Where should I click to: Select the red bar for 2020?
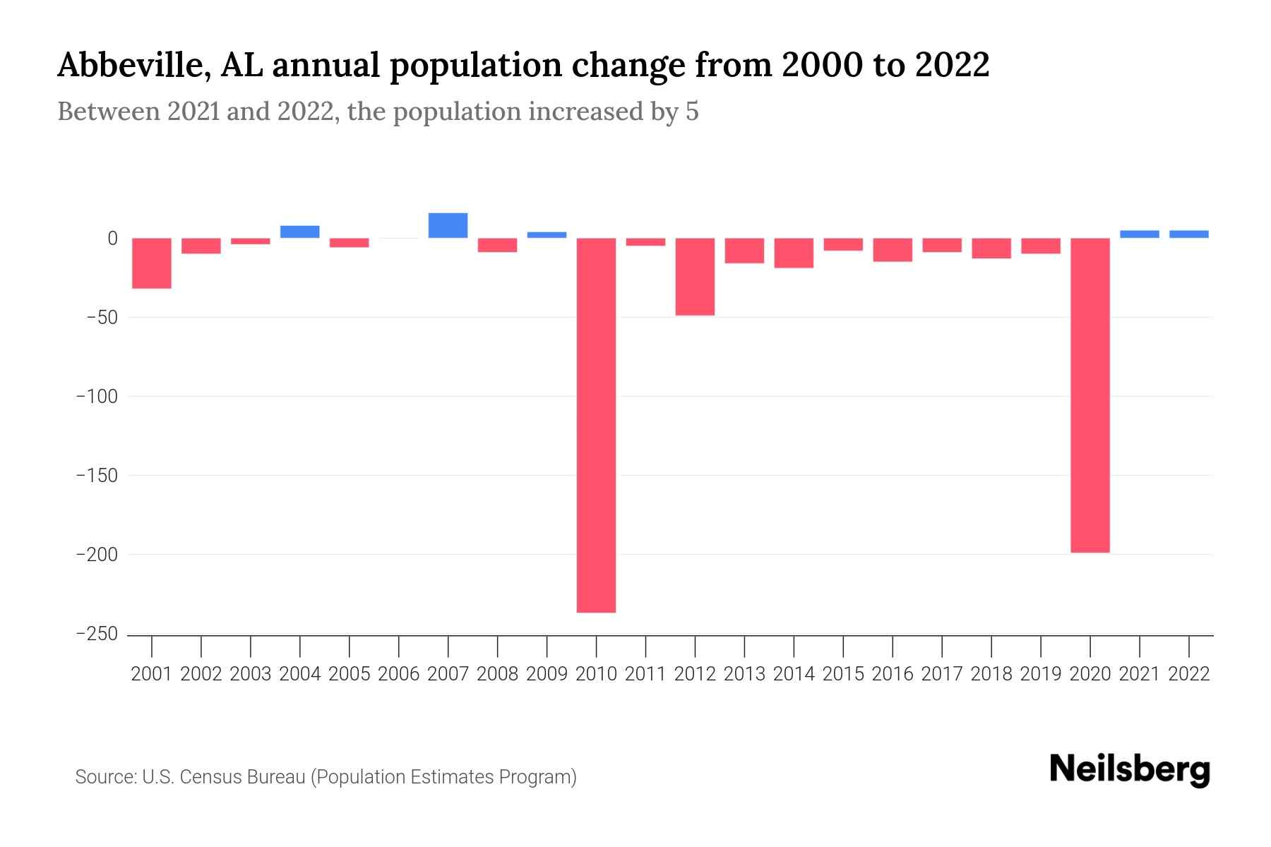1090,395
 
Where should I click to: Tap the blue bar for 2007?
448,225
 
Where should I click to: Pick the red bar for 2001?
152,263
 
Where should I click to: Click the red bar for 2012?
695,277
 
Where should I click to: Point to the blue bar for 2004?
300,232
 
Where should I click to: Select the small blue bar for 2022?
1188,234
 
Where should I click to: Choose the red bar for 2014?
794,253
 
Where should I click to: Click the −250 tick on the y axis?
97,634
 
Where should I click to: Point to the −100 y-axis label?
97,397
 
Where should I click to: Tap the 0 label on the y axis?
112,239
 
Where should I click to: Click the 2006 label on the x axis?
399,674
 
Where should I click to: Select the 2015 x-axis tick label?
843,674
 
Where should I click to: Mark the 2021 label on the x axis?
1139,674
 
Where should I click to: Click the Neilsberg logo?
1130,769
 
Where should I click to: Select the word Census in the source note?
208,777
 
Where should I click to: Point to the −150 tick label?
97,476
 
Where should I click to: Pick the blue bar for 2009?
547,235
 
